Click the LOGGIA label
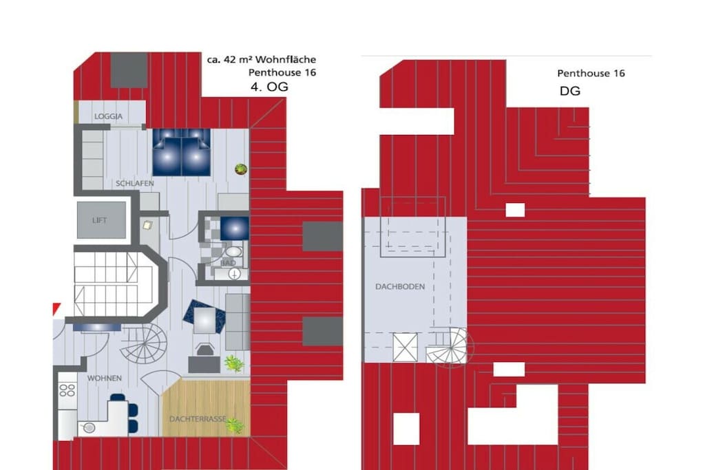[x=108, y=116]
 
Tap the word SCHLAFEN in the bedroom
[x=135, y=183]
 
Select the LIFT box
[x=101, y=220]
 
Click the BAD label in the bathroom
[x=228, y=262]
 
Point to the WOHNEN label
[x=105, y=378]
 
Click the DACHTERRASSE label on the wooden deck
[x=198, y=419]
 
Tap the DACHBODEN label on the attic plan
[x=400, y=287]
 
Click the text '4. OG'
[x=269, y=87]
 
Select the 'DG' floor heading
[x=569, y=92]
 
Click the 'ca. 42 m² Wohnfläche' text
[x=261, y=59]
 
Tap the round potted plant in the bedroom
[x=241, y=169]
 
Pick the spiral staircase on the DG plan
[x=450, y=348]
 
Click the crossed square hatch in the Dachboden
[x=405, y=347]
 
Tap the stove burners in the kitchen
[x=67, y=390]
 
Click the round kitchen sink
[x=89, y=428]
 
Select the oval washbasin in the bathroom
[x=233, y=251]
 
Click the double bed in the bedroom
[x=182, y=152]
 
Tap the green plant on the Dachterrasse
[x=234, y=425]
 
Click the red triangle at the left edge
[x=56, y=308]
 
